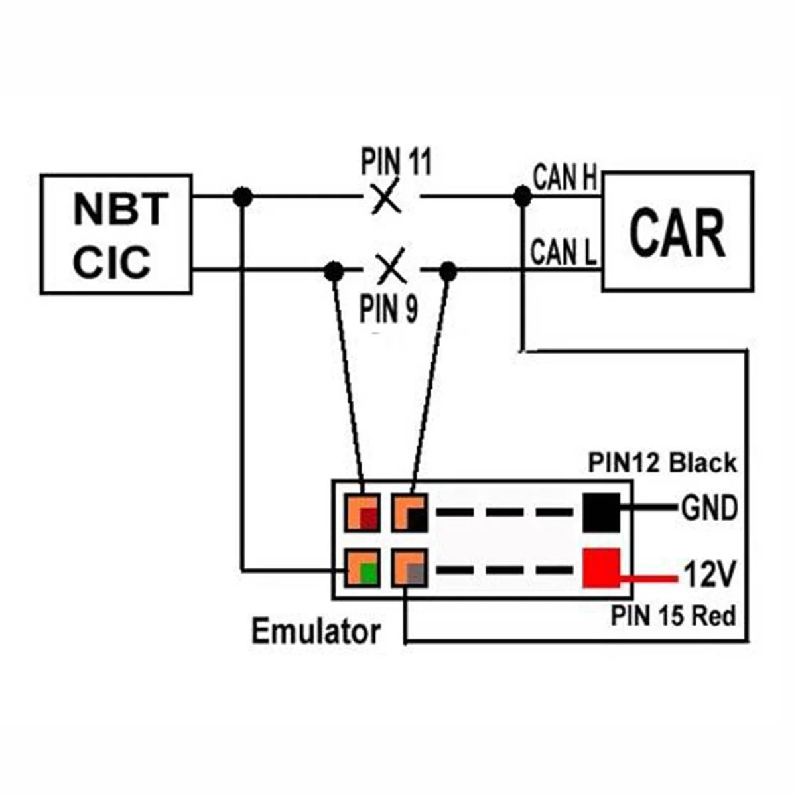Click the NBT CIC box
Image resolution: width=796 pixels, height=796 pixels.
[116, 234]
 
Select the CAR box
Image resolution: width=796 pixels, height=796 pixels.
[677, 232]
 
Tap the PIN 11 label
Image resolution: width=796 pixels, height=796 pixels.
[396, 162]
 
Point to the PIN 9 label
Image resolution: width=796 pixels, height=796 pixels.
[389, 308]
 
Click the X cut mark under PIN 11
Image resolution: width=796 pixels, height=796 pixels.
[387, 197]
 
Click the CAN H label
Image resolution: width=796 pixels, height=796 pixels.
[565, 178]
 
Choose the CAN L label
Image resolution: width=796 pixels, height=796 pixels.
[563, 252]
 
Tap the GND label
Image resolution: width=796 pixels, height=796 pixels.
[709, 509]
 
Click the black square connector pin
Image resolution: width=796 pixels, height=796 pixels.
[601, 512]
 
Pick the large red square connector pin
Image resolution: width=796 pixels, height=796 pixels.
[601, 568]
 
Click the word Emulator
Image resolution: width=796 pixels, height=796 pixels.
[316, 631]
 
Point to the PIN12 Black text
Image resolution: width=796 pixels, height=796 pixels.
[662, 463]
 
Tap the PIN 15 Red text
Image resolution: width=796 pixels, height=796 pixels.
[673, 616]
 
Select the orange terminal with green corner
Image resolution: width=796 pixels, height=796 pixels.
[362, 568]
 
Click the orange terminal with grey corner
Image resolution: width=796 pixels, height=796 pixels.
[409, 568]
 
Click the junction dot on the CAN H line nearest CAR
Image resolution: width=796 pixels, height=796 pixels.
[523, 196]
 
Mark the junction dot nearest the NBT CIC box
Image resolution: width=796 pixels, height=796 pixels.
[243, 196]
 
